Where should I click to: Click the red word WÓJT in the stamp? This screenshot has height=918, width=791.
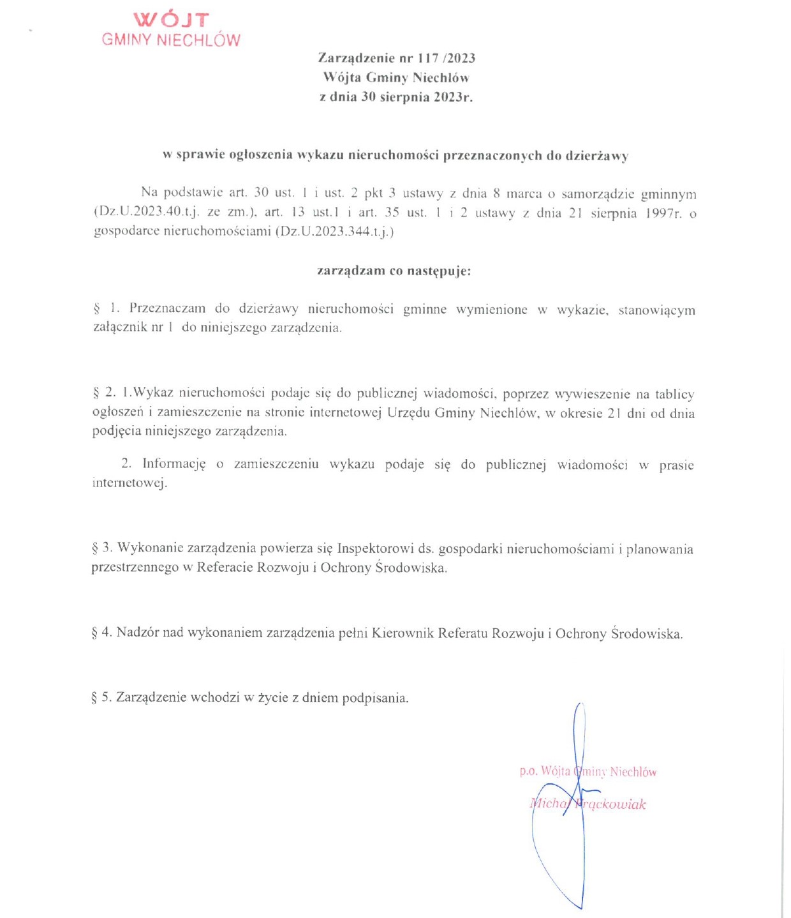coord(171,19)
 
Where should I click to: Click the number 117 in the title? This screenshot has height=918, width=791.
coord(428,58)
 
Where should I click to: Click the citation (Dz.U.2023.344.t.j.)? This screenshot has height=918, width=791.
coord(335,232)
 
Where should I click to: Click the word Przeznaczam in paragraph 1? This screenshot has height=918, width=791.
coord(167,309)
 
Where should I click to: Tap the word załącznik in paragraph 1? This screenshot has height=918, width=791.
coord(120,328)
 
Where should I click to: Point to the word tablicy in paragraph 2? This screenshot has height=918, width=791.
coord(674,394)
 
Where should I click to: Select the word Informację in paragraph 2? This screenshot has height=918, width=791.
coord(174,464)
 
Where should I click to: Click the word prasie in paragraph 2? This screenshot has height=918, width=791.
coord(676,465)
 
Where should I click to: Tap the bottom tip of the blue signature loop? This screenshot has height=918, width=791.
coord(580,907)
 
